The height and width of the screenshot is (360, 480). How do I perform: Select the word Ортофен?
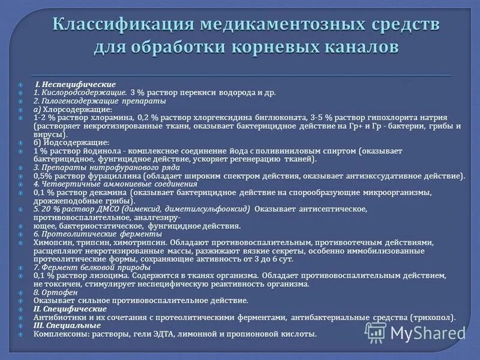tap(59, 292)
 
